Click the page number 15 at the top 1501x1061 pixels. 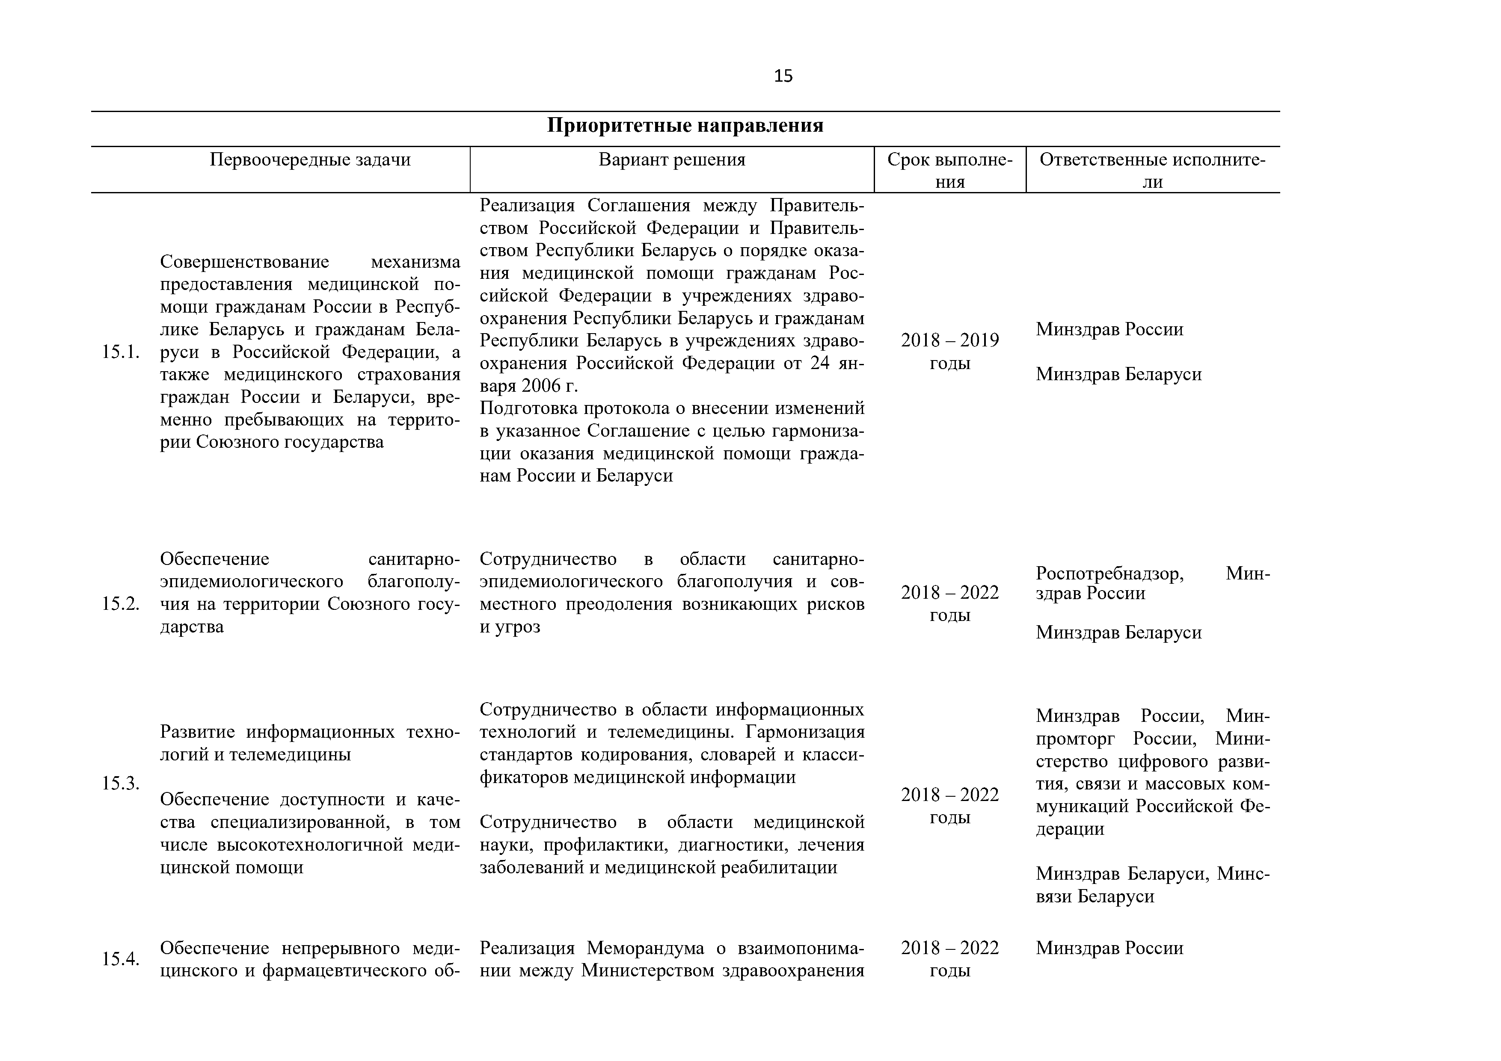(x=783, y=77)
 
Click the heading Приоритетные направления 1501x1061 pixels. (x=685, y=125)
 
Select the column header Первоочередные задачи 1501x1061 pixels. (x=310, y=160)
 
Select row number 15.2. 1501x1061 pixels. (x=121, y=604)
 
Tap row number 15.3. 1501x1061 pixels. (x=121, y=783)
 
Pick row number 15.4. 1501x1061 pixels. (x=121, y=959)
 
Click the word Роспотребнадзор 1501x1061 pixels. (x=1109, y=573)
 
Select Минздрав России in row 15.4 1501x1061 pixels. (x=1109, y=948)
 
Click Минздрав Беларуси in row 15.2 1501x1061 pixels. (x=1118, y=632)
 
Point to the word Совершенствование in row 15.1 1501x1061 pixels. (x=244, y=263)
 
